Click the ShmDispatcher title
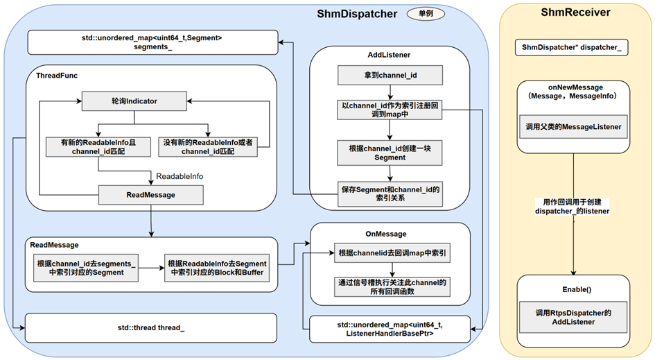356,14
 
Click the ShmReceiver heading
575,13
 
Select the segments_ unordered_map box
151,43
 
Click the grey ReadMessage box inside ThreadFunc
150,195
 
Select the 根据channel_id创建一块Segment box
389,153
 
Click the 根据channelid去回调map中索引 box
392,253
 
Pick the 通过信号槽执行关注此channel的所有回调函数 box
392,287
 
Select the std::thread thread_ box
151,327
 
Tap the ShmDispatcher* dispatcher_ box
573,48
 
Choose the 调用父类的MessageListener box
573,126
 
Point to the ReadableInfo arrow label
180,176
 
